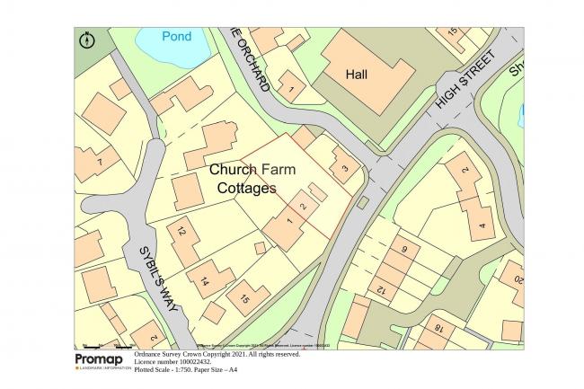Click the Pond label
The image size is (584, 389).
pyautogui.click(x=177, y=37)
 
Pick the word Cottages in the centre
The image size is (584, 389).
pyautogui.click(x=247, y=189)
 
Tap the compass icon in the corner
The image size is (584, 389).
pyautogui.click(x=87, y=40)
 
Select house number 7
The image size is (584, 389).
pyautogui.click(x=101, y=162)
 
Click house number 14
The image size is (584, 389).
pyautogui.click(x=205, y=282)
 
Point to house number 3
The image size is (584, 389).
pyautogui.click(x=344, y=168)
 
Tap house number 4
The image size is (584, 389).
pyautogui.click(x=482, y=226)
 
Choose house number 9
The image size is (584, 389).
pyautogui.click(x=404, y=249)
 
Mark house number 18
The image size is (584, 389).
pyautogui.click(x=438, y=330)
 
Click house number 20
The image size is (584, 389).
pyautogui.click(x=518, y=280)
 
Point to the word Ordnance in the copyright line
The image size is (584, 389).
pyautogui.click(x=149, y=355)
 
